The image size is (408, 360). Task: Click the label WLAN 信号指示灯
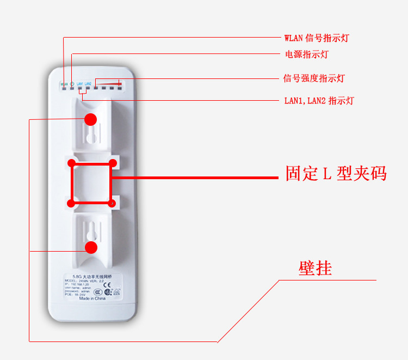click(x=317, y=38)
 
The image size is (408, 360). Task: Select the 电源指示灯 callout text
click(x=306, y=54)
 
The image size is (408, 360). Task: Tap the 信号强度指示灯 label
click(x=314, y=78)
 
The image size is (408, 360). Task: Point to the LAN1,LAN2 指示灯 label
click(x=319, y=101)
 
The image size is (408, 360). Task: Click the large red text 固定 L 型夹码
click(x=336, y=174)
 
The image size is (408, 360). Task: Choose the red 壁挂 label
click(x=315, y=268)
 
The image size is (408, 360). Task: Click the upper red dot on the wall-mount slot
click(x=91, y=119)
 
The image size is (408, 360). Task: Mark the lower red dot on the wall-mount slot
click(x=91, y=247)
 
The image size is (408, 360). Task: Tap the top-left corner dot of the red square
click(x=71, y=163)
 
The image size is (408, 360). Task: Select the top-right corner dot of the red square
click(x=113, y=163)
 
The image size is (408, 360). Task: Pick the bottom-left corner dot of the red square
click(x=71, y=204)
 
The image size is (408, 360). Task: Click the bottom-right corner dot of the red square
click(x=112, y=204)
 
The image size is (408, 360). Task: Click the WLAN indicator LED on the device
click(x=64, y=88)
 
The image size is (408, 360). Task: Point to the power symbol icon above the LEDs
click(x=72, y=83)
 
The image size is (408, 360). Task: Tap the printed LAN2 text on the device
click(x=88, y=83)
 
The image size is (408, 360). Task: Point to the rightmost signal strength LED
click(x=119, y=87)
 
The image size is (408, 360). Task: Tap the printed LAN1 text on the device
click(x=79, y=83)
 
